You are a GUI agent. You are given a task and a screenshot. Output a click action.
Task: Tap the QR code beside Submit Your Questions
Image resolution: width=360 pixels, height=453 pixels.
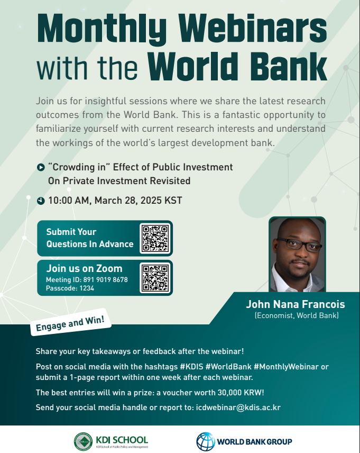(155, 238)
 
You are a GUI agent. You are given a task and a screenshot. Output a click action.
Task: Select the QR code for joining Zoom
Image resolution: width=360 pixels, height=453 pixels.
(155, 278)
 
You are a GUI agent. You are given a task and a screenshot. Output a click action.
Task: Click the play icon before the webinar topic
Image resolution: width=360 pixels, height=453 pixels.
(41, 167)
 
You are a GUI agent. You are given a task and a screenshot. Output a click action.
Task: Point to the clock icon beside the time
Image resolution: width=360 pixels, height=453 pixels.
(41, 201)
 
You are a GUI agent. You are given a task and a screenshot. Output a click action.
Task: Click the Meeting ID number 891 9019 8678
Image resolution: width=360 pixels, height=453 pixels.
(105, 279)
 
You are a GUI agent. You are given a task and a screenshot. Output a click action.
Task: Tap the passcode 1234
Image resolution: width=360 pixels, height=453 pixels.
(87, 288)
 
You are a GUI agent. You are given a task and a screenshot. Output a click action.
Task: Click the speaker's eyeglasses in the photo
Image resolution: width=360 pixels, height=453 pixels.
(299, 244)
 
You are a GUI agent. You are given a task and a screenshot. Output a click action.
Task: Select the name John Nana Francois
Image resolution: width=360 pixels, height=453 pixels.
(296, 304)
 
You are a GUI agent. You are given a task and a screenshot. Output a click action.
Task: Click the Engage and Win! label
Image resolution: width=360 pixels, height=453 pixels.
(71, 322)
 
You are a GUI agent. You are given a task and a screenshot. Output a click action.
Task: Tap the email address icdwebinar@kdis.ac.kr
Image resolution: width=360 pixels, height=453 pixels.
(238, 407)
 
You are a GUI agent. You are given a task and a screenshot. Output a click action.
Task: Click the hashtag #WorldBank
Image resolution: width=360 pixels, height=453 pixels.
(228, 367)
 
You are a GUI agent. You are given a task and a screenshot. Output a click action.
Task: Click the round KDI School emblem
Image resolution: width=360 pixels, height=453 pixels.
(83, 441)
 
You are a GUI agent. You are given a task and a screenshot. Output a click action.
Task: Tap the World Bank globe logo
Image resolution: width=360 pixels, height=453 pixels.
(206, 441)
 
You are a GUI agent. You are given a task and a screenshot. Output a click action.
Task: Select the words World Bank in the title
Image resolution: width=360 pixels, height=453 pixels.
(237, 67)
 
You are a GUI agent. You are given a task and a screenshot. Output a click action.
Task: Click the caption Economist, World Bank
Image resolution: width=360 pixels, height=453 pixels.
(297, 315)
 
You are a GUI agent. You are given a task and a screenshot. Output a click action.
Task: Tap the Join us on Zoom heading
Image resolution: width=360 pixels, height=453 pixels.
(84, 268)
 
